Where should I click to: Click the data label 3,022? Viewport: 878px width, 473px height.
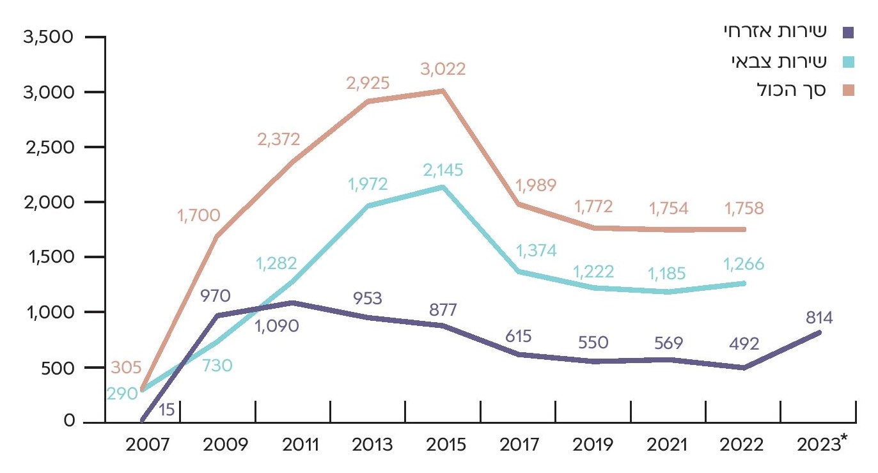(x=443, y=69)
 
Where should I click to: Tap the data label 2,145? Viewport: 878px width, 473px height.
(x=443, y=171)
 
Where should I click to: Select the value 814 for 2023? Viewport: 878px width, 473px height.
(x=819, y=317)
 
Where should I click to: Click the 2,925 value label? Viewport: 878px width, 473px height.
(x=368, y=82)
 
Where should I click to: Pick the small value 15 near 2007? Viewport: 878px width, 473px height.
(x=167, y=409)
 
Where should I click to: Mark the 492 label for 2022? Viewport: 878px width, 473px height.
(x=744, y=344)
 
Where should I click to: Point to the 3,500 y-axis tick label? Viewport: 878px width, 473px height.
(x=49, y=37)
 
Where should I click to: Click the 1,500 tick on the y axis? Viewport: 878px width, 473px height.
(x=49, y=257)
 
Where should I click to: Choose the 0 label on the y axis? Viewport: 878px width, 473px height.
(x=68, y=423)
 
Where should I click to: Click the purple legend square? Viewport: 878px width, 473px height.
(x=849, y=32)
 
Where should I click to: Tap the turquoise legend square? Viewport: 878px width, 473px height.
(x=849, y=62)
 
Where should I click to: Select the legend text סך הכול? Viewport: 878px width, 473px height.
(x=791, y=91)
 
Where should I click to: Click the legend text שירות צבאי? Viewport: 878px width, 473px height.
(x=780, y=61)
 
